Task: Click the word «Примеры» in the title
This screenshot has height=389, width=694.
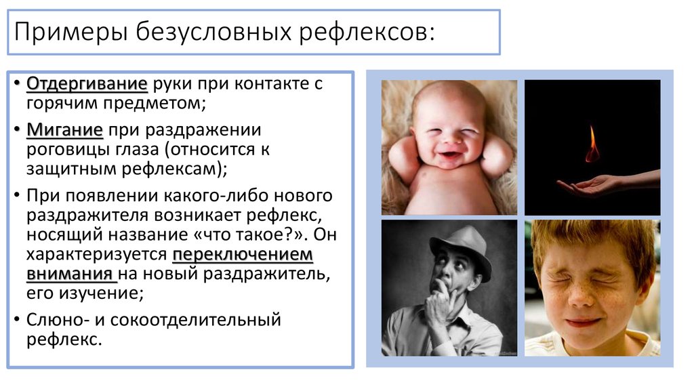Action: pos(71,33)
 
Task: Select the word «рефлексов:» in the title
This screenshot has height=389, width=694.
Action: pos(367,33)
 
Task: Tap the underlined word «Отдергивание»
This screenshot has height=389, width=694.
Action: pos(87,83)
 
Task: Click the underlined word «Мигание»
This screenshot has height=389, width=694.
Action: pos(64,129)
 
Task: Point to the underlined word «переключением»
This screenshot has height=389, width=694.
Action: pos(243,255)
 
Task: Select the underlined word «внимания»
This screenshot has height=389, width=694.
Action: pos(70,274)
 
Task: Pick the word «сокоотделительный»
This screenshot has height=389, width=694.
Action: pos(196,320)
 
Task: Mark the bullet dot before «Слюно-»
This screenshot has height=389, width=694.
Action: pos(17,319)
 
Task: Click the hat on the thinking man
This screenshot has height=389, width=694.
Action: pos(460,249)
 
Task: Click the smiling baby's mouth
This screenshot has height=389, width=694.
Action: pos(450,156)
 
